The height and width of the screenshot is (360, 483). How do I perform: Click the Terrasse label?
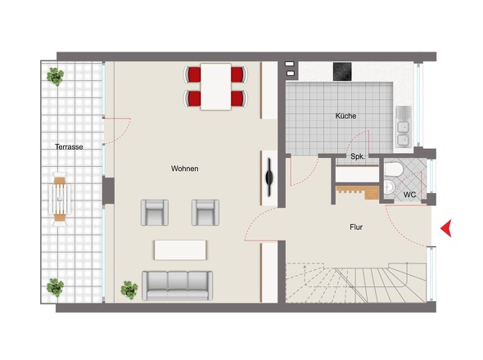69,147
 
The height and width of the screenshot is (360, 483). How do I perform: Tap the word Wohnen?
185,169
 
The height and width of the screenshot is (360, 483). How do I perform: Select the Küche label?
345,116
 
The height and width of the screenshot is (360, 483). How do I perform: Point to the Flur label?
356,227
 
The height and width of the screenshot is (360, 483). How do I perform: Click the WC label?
409,195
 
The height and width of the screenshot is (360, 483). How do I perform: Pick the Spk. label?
357,156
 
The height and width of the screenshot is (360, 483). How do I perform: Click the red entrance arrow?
446,228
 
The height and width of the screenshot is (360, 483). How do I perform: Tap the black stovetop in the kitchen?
342,72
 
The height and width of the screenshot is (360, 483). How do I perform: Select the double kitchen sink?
404,127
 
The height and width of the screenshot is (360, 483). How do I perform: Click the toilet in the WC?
394,169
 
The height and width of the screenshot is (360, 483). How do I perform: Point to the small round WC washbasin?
389,187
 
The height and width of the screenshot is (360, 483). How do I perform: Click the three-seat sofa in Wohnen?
177,286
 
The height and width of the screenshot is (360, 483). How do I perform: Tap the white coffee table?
180,250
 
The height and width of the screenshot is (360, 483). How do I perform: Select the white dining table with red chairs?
215,87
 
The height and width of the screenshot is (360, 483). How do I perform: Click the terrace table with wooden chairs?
60,199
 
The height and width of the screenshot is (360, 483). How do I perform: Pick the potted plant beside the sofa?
129,290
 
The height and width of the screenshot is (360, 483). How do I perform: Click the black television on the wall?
269,177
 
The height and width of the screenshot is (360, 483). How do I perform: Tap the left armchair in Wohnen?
155,213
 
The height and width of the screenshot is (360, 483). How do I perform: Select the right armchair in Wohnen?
205,213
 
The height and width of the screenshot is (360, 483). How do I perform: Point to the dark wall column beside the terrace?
108,191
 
